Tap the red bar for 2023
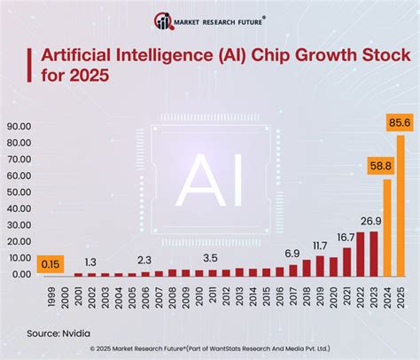click(373, 254)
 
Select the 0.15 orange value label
click(51, 263)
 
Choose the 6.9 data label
click(292, 254)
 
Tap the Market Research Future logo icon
click(162, 20)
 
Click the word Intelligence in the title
click(160, 56)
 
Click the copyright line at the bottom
click(210, 348)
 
